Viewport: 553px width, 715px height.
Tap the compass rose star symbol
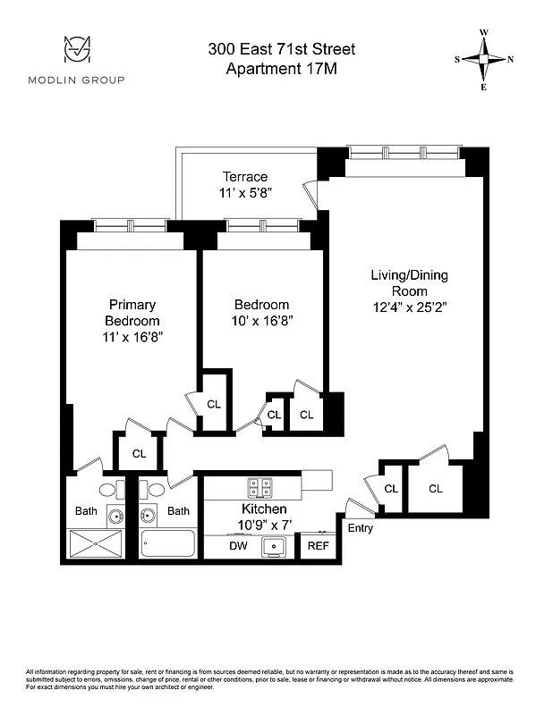484,60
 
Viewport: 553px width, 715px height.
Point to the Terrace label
245,177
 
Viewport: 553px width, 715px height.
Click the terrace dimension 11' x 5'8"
245,192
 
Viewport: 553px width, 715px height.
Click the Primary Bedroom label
132,313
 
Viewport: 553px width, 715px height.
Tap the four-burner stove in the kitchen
259,487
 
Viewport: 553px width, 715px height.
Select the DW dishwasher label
238,545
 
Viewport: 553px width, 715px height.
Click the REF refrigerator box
318,545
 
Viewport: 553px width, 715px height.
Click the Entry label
361,528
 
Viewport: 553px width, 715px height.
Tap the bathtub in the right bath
167,543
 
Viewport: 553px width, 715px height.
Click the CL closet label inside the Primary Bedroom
139,453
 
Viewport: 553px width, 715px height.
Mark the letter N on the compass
510,60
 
